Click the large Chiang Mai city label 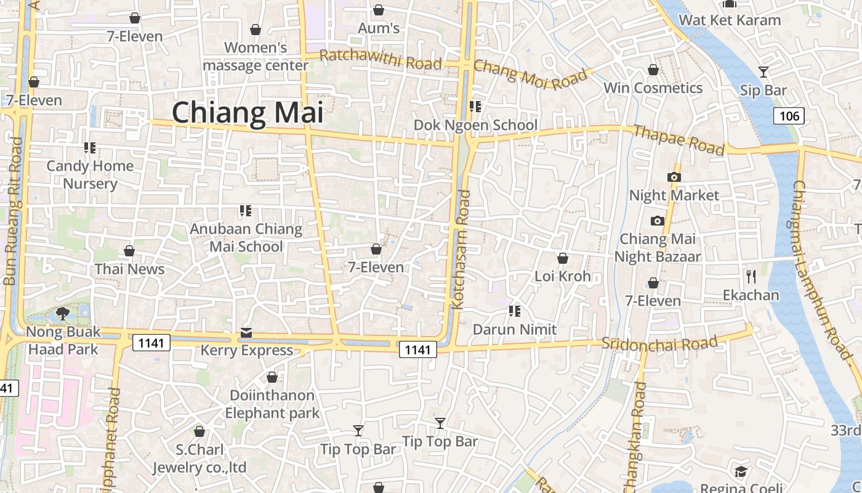(x=248, y=113)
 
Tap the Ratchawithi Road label (x=381, y=60)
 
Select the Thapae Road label (x=679, y=140)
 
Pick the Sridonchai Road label (x=659, y=344)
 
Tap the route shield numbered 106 (x=789, y=115)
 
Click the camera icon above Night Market (x=674, y=177)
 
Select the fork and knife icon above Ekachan (x=751, y=276)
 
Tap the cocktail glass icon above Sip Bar (x=763, y=72)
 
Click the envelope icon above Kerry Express (x=246, y=333)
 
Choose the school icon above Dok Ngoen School (x=475, y=107)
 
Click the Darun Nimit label (x=515, y=330)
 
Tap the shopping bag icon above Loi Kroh (x=562, y=258)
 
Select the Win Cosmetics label (x=653, y=88)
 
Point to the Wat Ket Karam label (x=730, y=20)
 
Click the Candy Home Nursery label (x=90, y=174)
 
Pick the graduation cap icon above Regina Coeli (x=741, y=472)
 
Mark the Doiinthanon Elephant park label (x=272, y=404)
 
